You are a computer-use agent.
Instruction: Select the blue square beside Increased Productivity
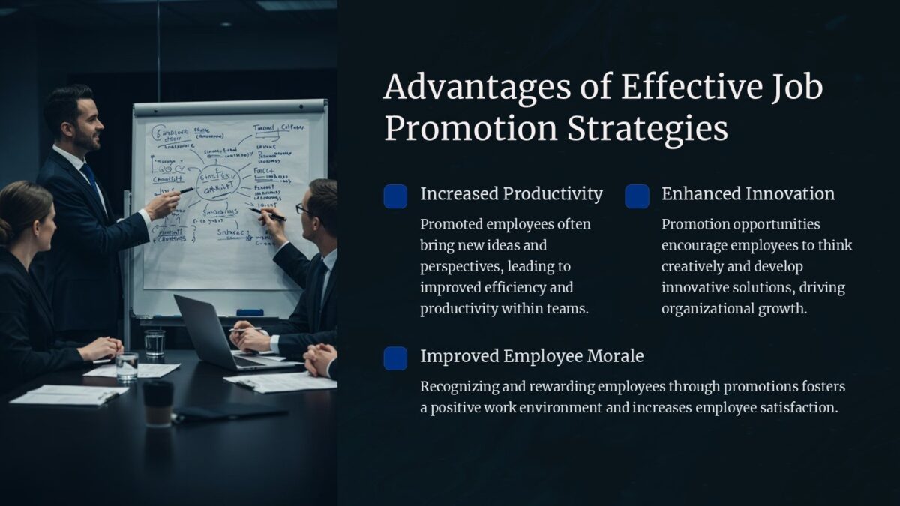click(x=395, y=196)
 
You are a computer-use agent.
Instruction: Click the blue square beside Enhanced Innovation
click(x=637, y=196)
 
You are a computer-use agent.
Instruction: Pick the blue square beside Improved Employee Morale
click(x=395, y=358)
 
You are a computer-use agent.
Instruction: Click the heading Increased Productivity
click(x=511, y=194)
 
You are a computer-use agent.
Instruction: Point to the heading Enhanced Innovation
click(x=747, y=194)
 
